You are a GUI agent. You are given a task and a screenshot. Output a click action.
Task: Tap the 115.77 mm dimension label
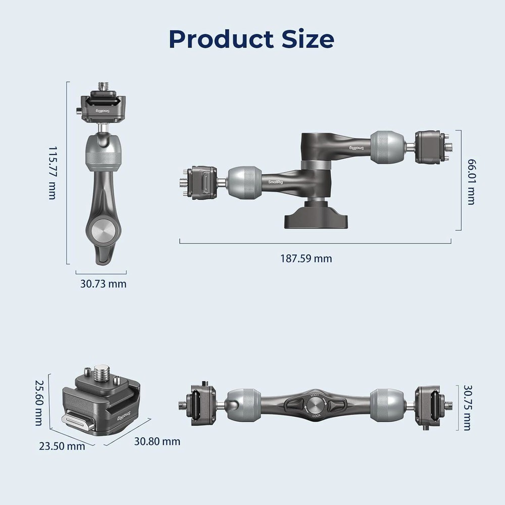pyautogui.click(x=52, y=173)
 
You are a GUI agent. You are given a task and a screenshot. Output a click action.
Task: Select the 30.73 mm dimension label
pyautogui.click(x=103, y=284)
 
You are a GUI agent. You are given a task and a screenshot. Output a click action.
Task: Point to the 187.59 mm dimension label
pyautogui.click(x=306, y=259)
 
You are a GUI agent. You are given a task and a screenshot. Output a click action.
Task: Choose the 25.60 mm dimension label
pyautogui.click(x=39, y=402)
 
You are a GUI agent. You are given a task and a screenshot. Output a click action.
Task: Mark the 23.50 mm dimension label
pyautogui.click(x=62, y=446)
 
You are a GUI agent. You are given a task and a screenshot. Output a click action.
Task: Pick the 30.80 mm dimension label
pyautogui.click(x=157, y=441)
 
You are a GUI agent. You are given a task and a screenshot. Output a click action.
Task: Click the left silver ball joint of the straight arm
pyautogui.click(x=244, y=405)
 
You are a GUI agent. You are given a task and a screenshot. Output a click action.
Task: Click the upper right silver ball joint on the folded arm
pyautogui.click(x=387, y=146)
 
